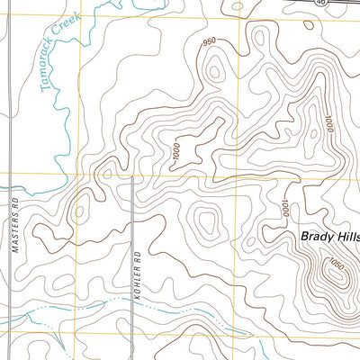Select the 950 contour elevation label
[x=210, y=41]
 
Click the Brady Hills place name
[x=329, y=237]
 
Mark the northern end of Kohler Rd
[x=132, y=178]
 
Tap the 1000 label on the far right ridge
[x=328, y=126]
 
